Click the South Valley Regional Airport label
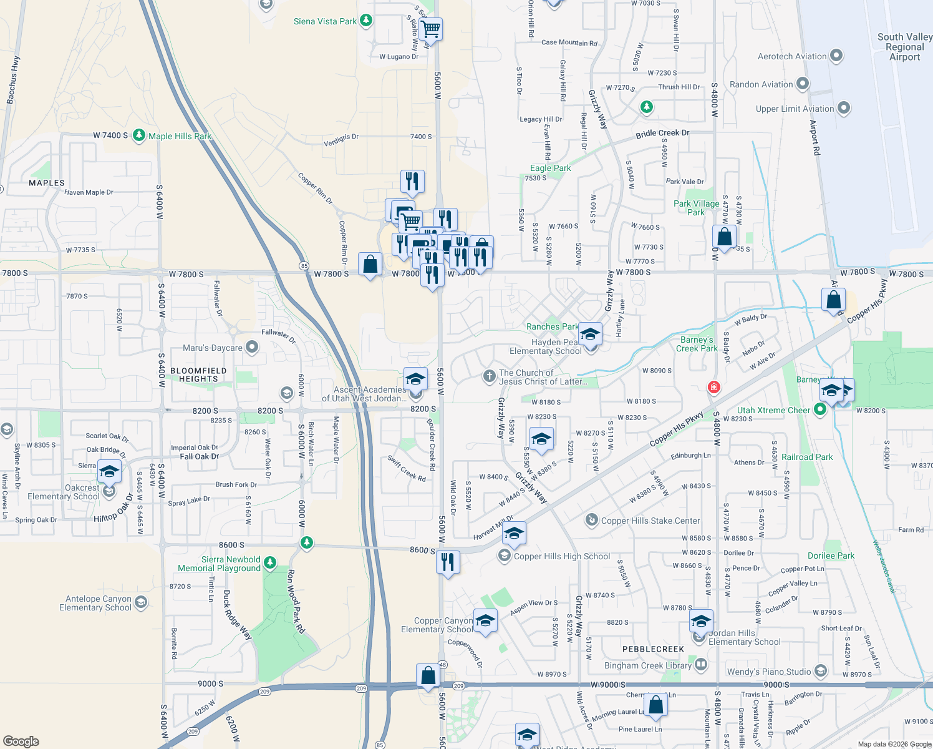[904, 47]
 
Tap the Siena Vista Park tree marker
[366, 21]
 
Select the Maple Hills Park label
[180, 136]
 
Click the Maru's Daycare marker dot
[252, 347]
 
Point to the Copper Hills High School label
[561, 556]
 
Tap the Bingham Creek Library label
[647, 665]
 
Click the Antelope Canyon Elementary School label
[95, 603]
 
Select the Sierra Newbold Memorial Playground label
[220, 564]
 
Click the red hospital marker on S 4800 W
[714, 388]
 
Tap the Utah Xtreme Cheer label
[773, 410]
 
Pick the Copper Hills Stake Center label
[650, 521]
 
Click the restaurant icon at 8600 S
[448, 562]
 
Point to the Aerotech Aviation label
[792, 56]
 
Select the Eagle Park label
[550, 168]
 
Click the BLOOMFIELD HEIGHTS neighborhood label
[198, 374]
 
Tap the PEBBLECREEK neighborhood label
[653, 649]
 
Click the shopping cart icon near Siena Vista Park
[430, 28]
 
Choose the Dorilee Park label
[831, 556]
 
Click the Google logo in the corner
[21, 741]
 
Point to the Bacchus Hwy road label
[12, 80]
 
